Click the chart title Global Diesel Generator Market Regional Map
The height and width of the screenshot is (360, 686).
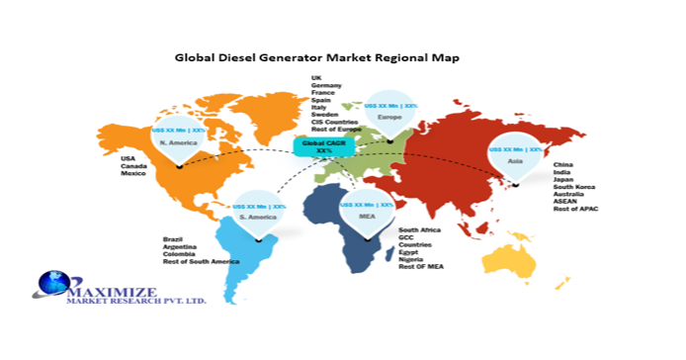[330, 57]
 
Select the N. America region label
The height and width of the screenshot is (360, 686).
[180, 142]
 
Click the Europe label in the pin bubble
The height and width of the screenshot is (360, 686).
[390, 118]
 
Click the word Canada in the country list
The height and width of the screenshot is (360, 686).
[135, 166]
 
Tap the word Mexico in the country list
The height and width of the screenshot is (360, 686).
[135, 174]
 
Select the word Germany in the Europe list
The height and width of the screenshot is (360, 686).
[327, 86]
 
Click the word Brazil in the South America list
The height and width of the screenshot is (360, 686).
[174, 238]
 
